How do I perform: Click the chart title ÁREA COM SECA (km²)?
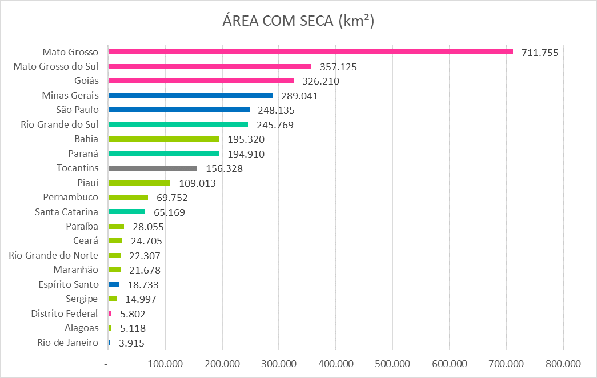(298, 21)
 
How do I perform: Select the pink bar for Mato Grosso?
(310, 52)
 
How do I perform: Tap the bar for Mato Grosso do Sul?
(210, 66)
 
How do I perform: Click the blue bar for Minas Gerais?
(190, 95)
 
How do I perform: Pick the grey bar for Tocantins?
(153, 168)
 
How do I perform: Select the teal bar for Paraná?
(164, 154)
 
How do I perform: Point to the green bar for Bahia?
(164, 139)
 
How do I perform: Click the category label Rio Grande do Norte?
(53, 255)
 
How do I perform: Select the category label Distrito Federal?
(65, 313)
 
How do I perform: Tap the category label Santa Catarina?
(66, 212)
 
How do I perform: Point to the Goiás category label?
(86, 81)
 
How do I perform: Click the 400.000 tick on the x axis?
(335, 364)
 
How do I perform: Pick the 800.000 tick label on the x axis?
(563, 364)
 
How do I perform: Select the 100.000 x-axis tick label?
(165, 364)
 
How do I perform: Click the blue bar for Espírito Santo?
(114, 284)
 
